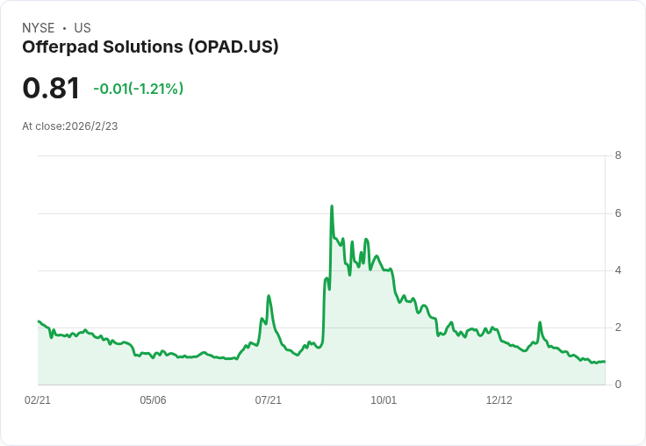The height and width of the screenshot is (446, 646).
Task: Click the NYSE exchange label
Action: [38, 28]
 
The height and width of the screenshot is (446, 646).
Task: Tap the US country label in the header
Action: [83, 28]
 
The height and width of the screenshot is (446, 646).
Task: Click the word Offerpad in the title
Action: [61, 47]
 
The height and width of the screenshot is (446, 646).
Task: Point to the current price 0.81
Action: [51, 88]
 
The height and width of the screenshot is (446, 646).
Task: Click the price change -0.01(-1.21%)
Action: [138, 89]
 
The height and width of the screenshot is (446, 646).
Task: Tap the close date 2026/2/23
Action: [91, 126]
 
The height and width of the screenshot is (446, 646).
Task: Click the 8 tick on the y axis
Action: [618, 156]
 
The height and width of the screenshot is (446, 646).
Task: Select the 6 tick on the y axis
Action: [618, 213]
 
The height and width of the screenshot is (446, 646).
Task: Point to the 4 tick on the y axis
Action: [618, 270]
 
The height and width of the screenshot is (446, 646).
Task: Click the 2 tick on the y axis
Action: [618, 327]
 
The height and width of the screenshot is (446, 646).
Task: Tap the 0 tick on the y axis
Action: [618, 385]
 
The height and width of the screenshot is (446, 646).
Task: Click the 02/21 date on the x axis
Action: [38, 400]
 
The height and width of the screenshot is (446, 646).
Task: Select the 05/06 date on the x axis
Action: [153, 400]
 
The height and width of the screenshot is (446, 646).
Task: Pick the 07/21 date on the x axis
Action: [268, 400]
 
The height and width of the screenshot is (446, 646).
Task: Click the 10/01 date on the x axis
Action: [384, 400]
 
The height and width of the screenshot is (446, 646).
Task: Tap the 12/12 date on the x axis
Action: [499, 400]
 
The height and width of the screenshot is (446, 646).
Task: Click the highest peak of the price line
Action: [332, 206]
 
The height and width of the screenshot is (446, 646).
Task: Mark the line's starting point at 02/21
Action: [39, 321]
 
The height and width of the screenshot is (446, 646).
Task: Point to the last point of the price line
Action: [605, 362]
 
